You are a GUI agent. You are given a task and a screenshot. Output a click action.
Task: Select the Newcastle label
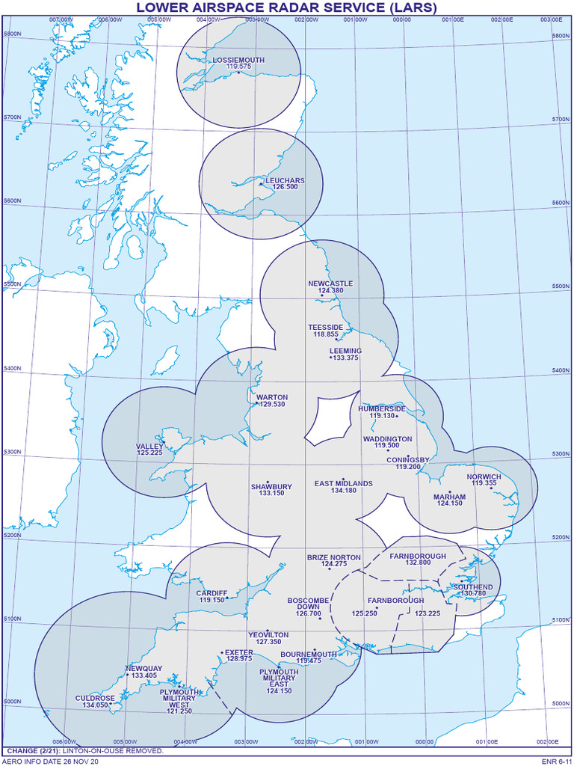(x=330, y=284)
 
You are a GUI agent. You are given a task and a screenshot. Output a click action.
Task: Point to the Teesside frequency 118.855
(x=326, y=334)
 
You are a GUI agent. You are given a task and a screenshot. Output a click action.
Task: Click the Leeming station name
(x=345, y=351)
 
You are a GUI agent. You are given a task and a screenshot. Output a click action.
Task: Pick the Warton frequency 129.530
(x=271, y=405)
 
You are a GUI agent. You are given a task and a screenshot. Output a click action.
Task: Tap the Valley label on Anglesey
(x=149, y=446)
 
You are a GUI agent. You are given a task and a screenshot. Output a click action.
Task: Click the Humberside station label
(x=382, y=408)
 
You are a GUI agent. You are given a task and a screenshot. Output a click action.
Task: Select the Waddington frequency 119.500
(x=386, y=445)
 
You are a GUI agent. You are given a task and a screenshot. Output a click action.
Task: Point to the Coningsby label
(x=408, y=459)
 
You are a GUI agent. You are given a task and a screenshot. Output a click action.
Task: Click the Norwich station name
(x=484, y=477)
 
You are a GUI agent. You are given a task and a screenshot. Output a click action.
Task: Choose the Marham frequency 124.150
(x=449, y=503)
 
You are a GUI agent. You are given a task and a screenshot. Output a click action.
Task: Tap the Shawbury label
(x=271, y=486)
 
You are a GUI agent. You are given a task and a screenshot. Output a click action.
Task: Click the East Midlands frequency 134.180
(x=344, y=491)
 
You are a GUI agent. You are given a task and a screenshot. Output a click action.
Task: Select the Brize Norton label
(x=334, y=557)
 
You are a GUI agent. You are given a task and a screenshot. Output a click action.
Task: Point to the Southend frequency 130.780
(x=473, y=593)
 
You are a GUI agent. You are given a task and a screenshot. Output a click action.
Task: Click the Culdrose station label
(x=95, y=698)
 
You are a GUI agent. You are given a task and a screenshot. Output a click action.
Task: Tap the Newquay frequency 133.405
(x=143, y=675)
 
